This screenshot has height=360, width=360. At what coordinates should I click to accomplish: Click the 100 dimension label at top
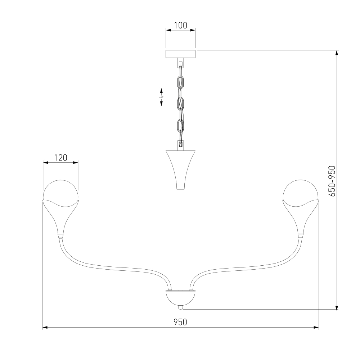180,25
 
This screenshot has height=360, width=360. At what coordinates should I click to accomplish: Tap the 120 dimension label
60,158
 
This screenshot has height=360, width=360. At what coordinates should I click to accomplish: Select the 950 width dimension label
180,322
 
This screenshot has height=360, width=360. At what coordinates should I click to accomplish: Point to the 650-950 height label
332,181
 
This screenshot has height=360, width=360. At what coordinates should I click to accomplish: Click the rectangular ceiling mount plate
180,54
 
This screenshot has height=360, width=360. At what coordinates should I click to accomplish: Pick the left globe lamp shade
60,190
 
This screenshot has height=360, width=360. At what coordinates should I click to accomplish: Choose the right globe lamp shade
301,190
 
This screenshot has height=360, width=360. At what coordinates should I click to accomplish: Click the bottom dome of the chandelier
180,298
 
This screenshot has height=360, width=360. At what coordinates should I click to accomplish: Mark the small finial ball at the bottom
181,307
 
